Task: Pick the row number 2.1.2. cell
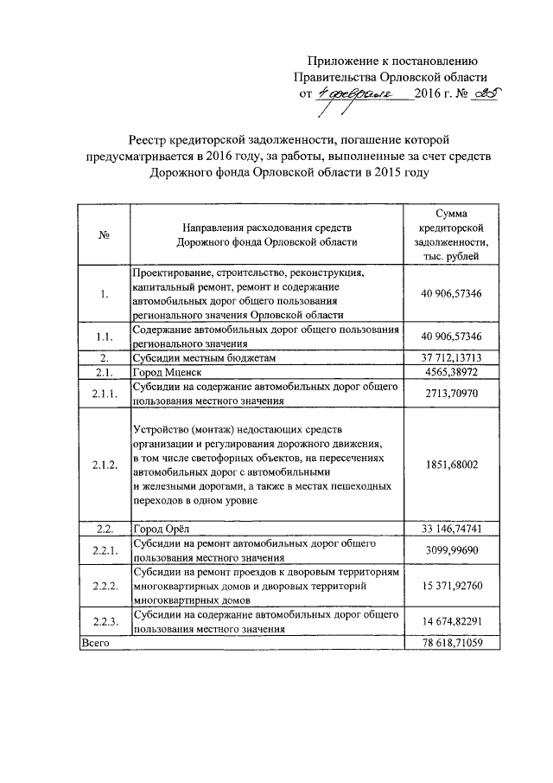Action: pyautogui.click(x=103, y=465)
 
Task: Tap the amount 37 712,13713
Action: pyautogui.click(x=452, y=357)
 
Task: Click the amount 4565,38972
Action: pyautogui.click(x=452, y=372)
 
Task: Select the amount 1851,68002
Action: pyautogui.click(x=452, y=465)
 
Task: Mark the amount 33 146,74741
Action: pyautogui.click(x=452, y=528)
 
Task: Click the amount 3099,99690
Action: pyautogui.click(x=452, y=549)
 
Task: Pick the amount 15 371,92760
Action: pyautogui.click(x=452, y=586)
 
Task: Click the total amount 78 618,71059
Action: pyautogui.click(x=452, y=644)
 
